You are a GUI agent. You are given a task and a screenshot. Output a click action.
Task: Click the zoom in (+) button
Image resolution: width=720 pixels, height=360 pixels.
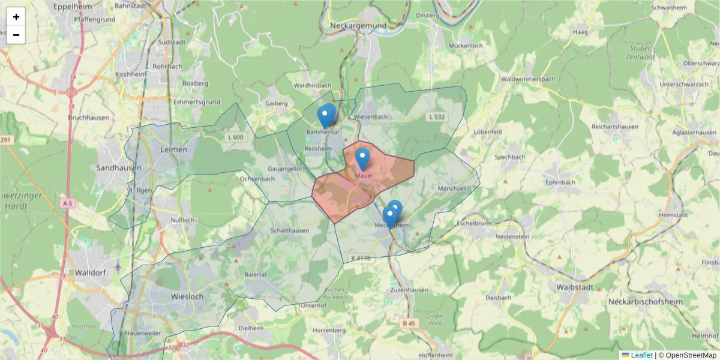(16, 17)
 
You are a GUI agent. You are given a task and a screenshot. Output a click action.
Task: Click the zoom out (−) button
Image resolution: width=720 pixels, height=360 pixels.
(16, 35)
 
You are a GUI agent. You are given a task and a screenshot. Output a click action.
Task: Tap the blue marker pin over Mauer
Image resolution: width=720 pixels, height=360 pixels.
(362, 159)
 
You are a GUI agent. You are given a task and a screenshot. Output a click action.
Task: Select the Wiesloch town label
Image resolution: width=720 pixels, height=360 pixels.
(170, 296)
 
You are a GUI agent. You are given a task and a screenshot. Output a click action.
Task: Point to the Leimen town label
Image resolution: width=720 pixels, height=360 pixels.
(174, 149)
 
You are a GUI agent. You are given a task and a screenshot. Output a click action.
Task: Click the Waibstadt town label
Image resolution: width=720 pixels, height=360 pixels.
(575, 287)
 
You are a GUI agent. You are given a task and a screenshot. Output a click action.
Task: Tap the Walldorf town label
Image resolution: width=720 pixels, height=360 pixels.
(91, 272)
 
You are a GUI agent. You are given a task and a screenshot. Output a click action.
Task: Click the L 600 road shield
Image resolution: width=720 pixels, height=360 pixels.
(236, 137)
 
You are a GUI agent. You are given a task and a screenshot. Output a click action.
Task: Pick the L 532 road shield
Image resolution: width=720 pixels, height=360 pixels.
(436, 116)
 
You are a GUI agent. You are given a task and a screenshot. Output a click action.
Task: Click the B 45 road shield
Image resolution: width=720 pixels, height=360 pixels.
(409, 323)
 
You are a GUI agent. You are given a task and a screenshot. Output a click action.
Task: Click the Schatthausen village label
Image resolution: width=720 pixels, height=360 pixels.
(290, 230)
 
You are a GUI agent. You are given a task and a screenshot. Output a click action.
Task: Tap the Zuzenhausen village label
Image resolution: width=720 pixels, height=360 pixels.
(409, 290)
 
